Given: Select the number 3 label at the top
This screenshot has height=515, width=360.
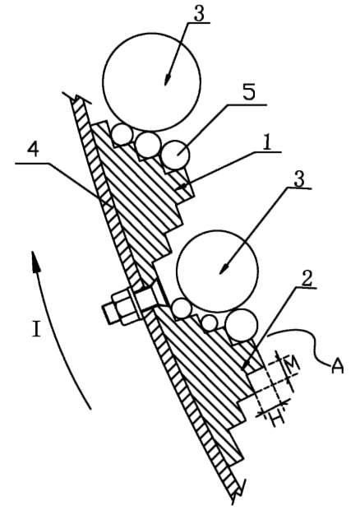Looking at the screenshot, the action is pos(199,13).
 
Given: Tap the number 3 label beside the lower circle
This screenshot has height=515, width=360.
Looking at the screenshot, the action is pos(298,179).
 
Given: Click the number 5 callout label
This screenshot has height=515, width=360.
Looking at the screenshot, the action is pos(248,93).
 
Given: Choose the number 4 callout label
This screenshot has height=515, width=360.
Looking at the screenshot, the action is pos(33,151).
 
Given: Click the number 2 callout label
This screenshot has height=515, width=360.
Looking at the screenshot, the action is pos(306,279).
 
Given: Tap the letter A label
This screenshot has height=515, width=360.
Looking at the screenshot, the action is pos(337,366).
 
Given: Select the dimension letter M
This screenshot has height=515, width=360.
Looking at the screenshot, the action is pos(291,363).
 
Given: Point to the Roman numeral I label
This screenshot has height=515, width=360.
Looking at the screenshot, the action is pos(36,329).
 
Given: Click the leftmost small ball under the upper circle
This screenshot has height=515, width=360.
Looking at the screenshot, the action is pos(122,134).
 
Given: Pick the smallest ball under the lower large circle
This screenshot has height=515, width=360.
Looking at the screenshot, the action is pos(210,322).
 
